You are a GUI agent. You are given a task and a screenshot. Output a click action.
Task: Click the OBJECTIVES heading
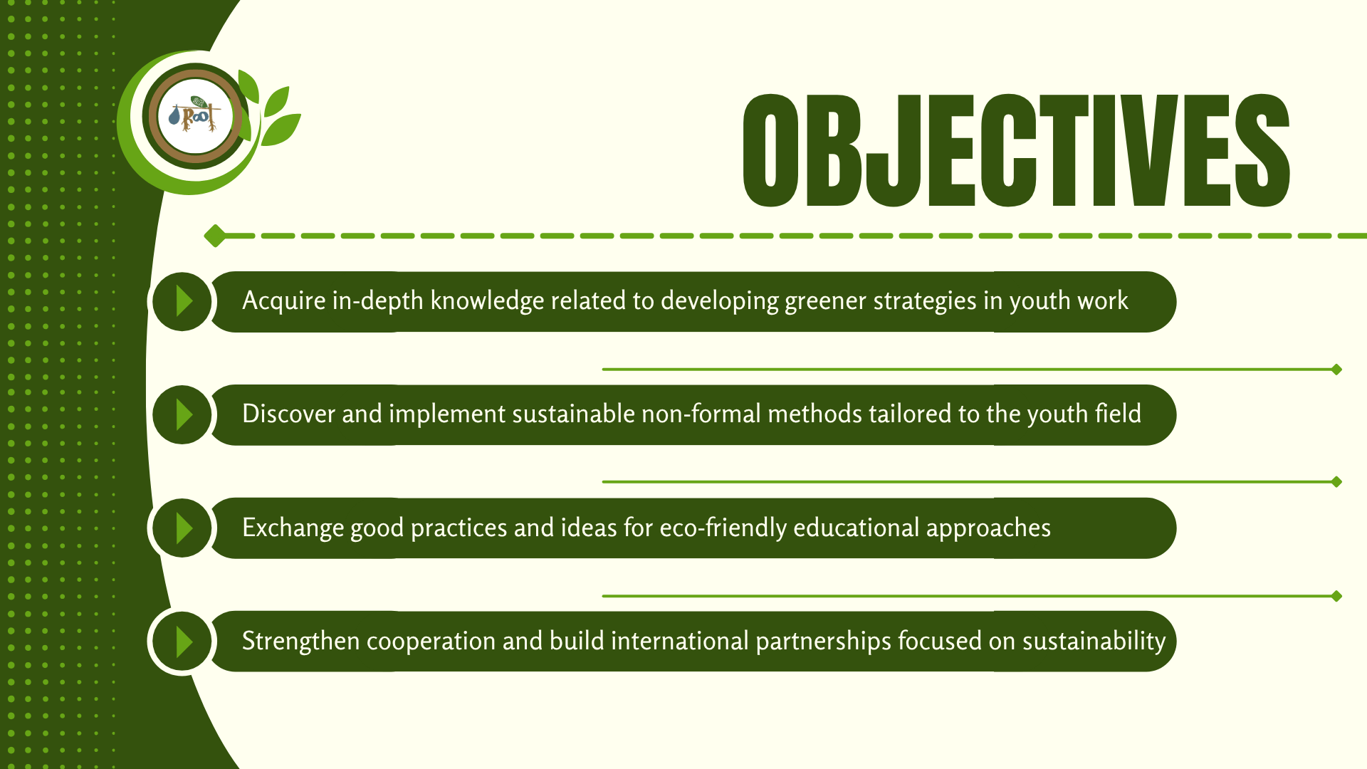pos(1016,150)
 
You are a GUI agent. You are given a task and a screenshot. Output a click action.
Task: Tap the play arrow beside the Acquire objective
pos(184,301)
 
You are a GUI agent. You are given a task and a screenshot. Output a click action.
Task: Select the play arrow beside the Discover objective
pos(184,414)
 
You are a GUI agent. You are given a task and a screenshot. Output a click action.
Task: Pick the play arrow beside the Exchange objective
pos(184,528)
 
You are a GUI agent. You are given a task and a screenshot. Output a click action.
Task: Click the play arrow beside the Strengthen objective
pos(184,642)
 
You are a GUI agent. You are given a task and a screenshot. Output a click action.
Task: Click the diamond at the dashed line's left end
pos(214,236)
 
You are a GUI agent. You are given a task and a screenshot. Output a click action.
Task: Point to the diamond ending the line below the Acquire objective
pos(1336,370)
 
